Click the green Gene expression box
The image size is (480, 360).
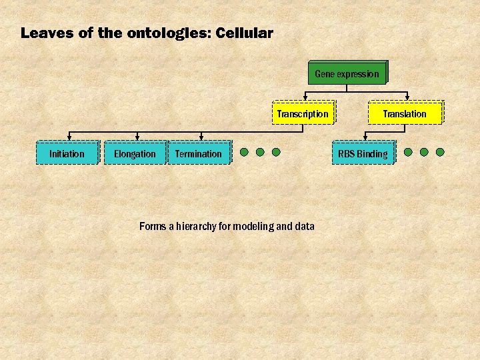coord(347,73)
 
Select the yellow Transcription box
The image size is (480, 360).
coord(303,113)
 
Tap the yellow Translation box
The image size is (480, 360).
coord(404,113)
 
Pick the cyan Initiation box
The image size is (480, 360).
coord(67,153)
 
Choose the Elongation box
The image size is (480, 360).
coord(135,153)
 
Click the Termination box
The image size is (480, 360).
coord(199,153)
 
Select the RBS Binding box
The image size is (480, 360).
coord(363,153)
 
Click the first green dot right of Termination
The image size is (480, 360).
coord(244,152)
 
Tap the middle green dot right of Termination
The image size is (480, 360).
coord(260,152)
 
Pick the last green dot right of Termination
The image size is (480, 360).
coord(276,152)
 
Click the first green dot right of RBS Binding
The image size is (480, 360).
coord(408,152)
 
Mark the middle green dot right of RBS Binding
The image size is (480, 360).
coord(424,152)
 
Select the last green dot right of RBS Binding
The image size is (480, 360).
coord(440,152)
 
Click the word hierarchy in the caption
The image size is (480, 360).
coord(199,227)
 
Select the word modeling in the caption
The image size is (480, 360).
coord(253,227)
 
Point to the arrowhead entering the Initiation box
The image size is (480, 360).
coord(69,138)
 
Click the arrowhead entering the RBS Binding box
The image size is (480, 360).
coord(365,138)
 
